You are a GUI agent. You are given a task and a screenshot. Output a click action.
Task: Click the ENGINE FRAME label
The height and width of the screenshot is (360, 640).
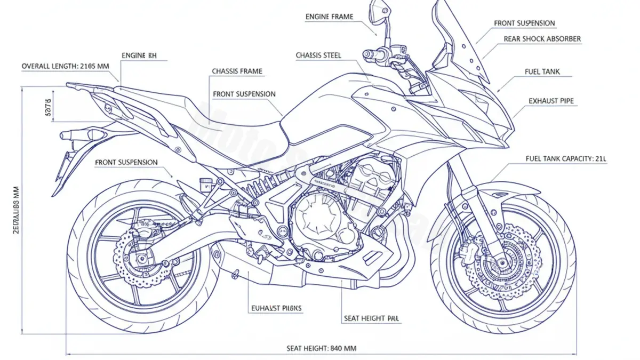(x=329, y=17)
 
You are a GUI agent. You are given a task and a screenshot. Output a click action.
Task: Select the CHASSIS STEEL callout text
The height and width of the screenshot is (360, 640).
(x=318, y=55)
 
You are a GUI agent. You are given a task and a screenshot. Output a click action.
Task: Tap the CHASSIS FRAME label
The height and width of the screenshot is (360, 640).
(x=237, y=71)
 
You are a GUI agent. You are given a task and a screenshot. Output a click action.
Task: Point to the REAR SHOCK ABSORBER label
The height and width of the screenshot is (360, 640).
(x=542, y=39)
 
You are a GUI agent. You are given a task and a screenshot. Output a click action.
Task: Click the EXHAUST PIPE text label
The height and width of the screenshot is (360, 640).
(x=551, y=100)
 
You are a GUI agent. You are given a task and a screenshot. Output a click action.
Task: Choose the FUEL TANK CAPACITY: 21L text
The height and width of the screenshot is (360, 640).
(x=566, y=158)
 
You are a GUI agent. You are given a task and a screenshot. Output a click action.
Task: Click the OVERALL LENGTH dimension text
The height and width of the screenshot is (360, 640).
(x=65, y=66)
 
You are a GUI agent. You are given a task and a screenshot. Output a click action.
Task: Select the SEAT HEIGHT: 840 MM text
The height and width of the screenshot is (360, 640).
(x=322, y=348)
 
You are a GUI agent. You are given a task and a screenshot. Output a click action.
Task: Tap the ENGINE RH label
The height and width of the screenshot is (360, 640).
(x=139, y=55)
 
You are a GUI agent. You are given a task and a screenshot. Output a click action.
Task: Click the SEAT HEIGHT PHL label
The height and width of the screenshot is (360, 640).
(x=372, y=318)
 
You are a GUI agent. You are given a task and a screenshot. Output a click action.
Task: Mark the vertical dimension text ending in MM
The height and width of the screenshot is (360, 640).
(x=15, y=213)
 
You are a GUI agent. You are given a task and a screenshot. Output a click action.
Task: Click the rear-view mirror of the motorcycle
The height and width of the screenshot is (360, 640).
(x=378, y=11)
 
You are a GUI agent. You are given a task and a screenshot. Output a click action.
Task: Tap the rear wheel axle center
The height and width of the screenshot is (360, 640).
(x=142, y=260)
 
